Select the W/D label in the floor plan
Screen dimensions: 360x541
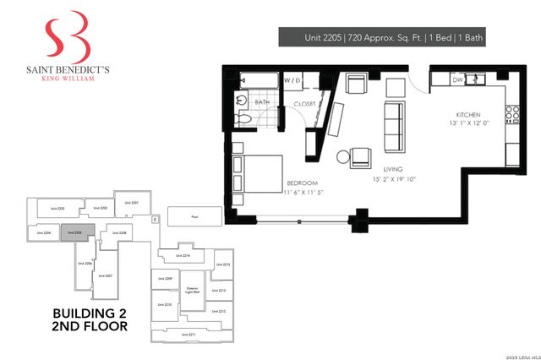point(292,80)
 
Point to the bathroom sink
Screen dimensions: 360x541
point(242,100)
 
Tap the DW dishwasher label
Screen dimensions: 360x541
point(458,79)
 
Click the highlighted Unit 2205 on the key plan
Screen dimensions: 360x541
point(74,232)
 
